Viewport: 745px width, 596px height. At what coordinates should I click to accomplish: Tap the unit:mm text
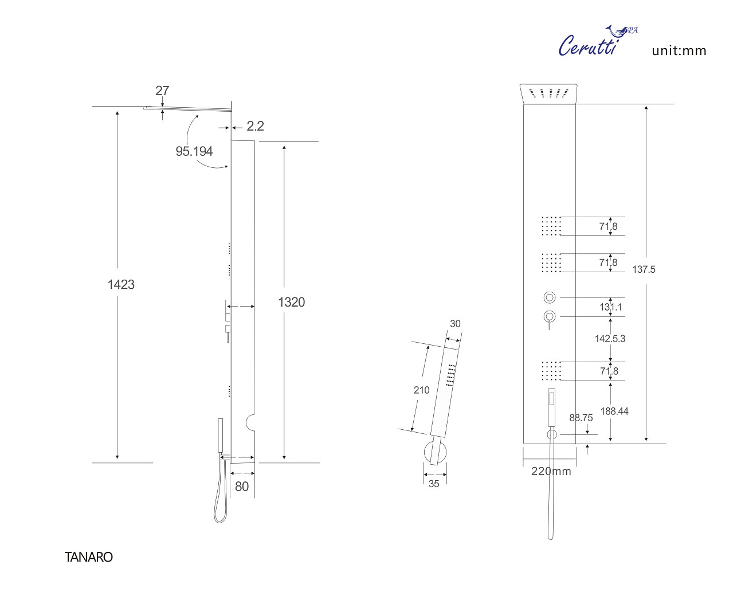click(679, 50)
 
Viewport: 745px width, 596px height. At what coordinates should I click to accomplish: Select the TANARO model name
click(89, 557)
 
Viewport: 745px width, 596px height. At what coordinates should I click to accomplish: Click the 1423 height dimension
click(121, 284)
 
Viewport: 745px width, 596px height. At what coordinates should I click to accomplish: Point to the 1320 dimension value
click(291, 302)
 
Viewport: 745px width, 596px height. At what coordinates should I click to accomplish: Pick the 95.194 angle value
click(194, 151)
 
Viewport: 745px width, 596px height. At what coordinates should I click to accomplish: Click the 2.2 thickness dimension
click(255, 126)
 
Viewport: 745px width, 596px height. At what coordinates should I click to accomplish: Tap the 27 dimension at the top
click(162, 91)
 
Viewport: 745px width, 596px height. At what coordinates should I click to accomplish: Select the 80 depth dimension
click(242, 487)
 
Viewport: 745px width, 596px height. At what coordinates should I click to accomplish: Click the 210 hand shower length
click(421, 390)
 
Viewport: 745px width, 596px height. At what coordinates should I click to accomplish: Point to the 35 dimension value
click(434, 484)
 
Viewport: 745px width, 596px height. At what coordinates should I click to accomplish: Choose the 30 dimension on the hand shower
click(455, 324)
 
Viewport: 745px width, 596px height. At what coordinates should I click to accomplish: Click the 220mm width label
click(551, 471)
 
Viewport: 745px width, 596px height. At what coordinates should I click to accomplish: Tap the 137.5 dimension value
click(644, 269)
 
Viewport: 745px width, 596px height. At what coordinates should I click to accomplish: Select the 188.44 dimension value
click(614, 411)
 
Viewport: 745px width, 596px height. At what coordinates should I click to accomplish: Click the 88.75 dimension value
click(581, 418)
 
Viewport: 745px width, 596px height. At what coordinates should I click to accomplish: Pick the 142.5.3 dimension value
click(610, 339)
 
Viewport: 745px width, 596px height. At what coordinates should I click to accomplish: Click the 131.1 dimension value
click(611, 307)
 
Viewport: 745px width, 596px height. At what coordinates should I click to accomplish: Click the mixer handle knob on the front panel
click(550, 316)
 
